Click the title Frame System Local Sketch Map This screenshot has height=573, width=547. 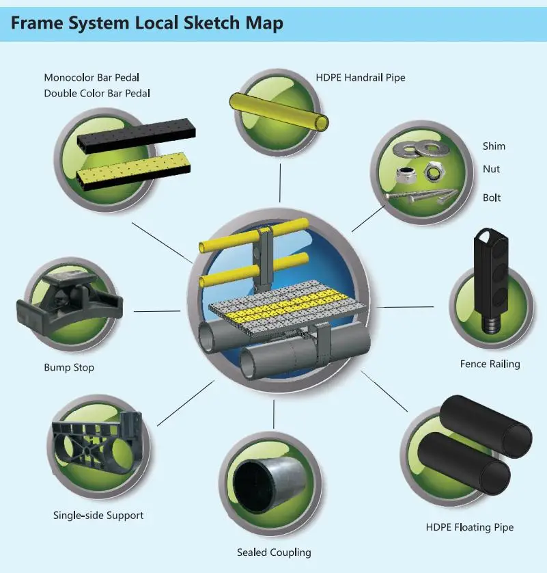(146, 23)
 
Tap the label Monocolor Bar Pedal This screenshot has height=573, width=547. (96, 77)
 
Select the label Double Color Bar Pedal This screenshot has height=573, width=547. (97, 93)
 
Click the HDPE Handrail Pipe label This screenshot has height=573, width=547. (361, 77)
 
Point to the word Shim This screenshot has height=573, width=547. (494, 146)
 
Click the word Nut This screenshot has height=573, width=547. (491, 169)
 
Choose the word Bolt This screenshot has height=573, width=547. (492, 198)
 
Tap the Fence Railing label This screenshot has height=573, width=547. (490, 364)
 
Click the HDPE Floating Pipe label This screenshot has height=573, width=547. (470, 527)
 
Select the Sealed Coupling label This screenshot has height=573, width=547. (274, 552)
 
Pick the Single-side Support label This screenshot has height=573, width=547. (98, 515)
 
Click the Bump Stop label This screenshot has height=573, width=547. (69, 367)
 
